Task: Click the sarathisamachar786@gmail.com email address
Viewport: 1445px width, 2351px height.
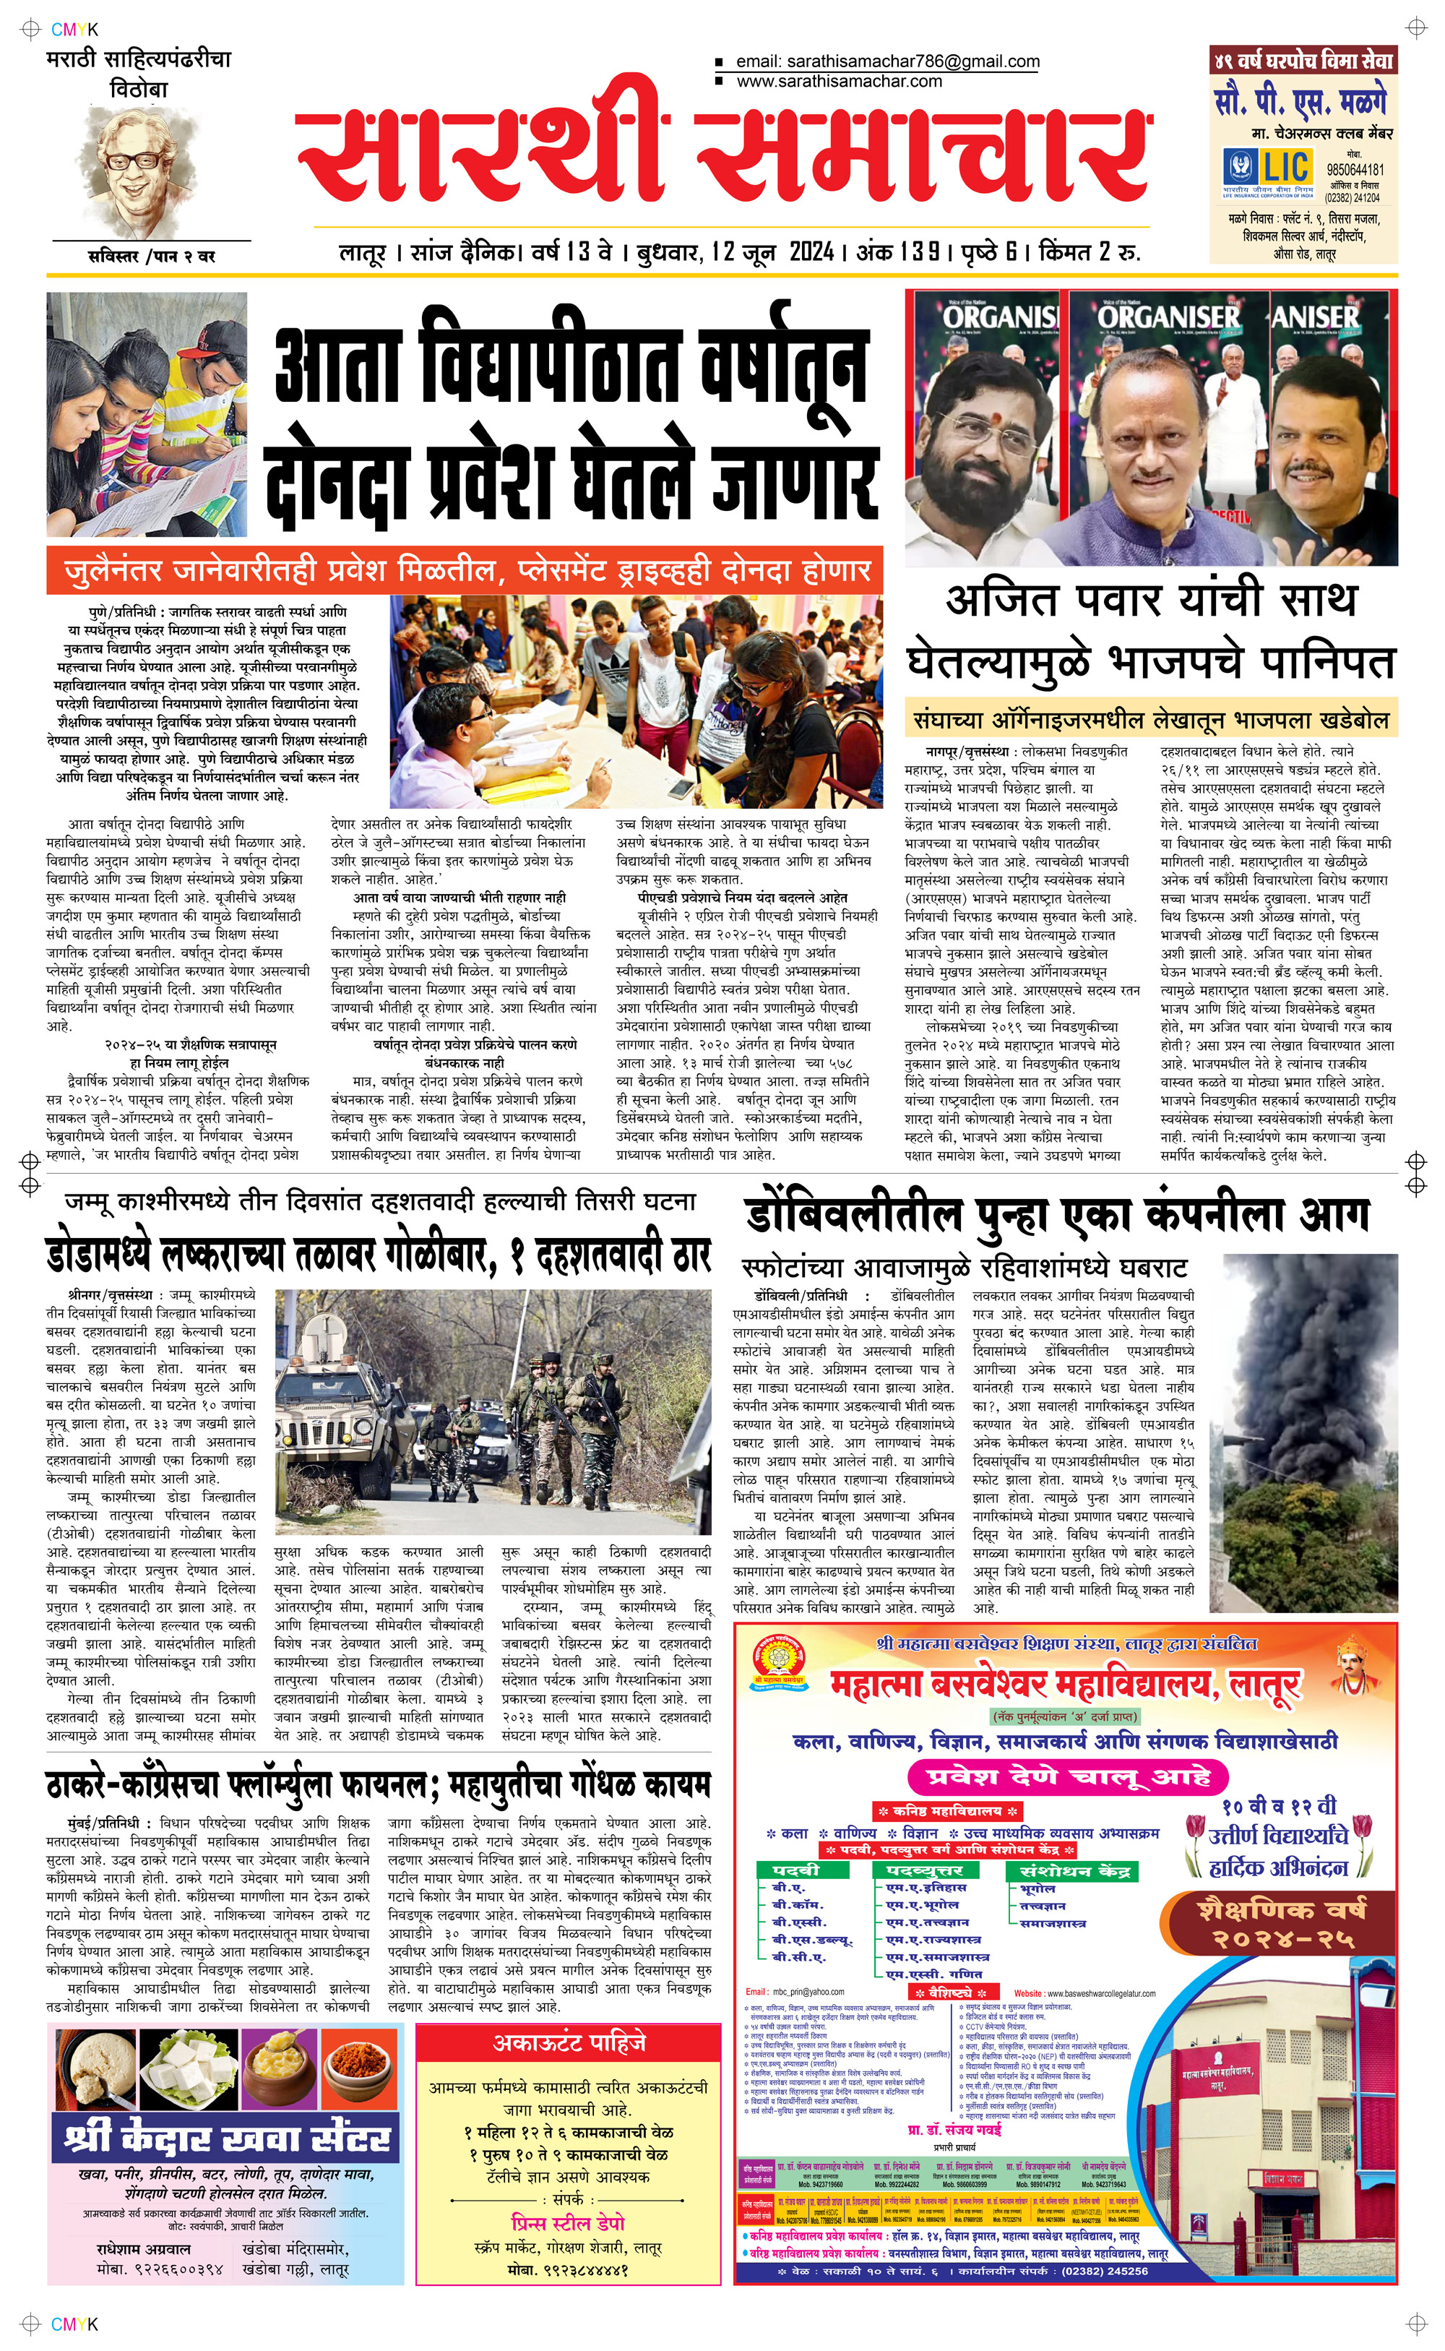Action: click(x=887, y=62)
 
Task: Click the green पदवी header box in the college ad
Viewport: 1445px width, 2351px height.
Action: click(x=795, y=1870)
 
